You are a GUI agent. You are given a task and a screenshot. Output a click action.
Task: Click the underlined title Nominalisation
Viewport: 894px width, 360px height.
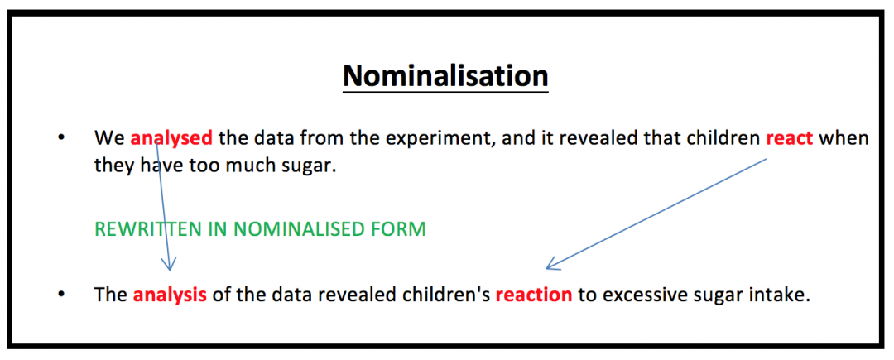(x=445, y=76)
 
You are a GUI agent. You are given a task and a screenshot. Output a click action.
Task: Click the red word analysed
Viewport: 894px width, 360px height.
(x=171, y=138)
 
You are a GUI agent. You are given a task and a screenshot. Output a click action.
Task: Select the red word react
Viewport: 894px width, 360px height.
(x=790, y=138)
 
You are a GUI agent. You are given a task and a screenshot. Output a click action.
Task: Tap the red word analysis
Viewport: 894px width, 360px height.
(x=170, y=295)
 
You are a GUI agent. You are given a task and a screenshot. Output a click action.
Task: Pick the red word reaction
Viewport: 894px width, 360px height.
(x=534, y=295)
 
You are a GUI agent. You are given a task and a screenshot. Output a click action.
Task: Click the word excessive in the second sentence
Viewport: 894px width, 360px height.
(x=639, y=295)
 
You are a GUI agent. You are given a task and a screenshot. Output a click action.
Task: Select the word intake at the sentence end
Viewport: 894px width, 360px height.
(x=779, y=295)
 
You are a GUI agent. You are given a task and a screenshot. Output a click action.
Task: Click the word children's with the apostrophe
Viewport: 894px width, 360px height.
(x=453, y=295)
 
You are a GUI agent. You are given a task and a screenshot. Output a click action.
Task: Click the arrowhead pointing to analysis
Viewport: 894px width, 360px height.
(x=171, y=266)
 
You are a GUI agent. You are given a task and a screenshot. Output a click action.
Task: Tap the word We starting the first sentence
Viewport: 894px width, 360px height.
(x=109, y=138)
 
